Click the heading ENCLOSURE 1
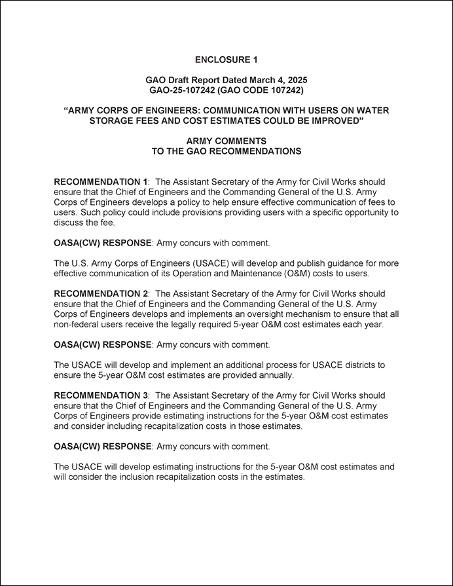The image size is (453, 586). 226,60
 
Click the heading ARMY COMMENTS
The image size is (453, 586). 226,141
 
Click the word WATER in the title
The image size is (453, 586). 372,111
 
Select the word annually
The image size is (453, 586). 276,376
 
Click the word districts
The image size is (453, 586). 358,365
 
